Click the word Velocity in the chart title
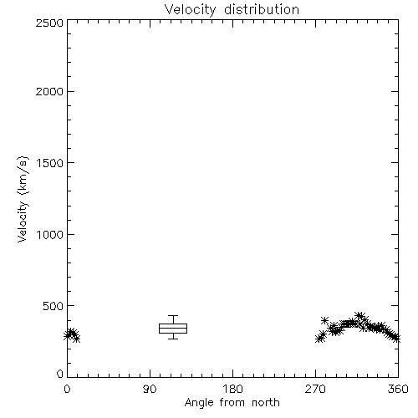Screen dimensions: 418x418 pos(191,10)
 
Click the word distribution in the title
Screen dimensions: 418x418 pos(262,9)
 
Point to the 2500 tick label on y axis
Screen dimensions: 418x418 pos(49,23)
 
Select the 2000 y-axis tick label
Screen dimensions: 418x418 pos(49,91)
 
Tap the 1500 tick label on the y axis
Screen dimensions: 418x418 pos(50,163)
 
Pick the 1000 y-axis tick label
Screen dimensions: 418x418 pos(50,234)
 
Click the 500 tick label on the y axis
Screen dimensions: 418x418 pos(53,306)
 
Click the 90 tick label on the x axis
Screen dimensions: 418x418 pos(150,389)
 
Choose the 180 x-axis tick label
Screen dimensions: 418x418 pos(232,389)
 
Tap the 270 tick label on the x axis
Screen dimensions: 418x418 pos(315,389)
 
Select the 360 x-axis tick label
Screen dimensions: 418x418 pos(398,389)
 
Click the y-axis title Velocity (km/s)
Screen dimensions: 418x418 pos(23,199)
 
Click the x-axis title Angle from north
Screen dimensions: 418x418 pos(232,403)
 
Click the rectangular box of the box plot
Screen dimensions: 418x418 pos(173,324)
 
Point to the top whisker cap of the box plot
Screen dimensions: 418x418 pos(173,315)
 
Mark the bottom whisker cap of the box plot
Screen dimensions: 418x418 pos(173,339)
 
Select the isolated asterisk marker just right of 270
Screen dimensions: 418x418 pos(324,320)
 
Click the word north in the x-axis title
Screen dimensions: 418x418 pos(266,403)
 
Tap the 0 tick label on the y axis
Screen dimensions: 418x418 pos(60,374)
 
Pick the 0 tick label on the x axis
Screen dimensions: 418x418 pos(67,389)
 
